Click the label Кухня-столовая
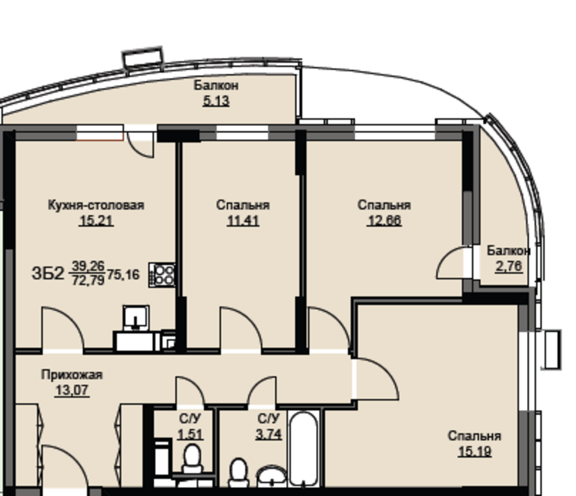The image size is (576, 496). (96, 205)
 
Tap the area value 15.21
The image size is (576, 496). (96, 221)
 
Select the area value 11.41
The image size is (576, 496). (243, 221)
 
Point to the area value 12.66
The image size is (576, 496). (384, 220)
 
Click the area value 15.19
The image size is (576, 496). (474, 451)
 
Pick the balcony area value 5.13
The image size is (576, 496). (216, 101)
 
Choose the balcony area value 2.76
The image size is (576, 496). (509, 266)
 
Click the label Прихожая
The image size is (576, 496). (71, 374)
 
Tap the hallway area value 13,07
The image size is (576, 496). (72, 390)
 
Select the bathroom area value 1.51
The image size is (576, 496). (190, 434)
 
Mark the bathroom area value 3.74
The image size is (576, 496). (268, 434)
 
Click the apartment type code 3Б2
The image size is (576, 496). (48, 273)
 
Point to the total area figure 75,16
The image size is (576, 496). (124, 275)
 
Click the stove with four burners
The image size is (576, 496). (162, 275)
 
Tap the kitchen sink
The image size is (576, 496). (136, 317)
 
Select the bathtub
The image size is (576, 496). (303, 449)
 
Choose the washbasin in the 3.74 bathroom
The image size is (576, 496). (271, 476)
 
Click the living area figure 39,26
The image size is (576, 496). (88, 265)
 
